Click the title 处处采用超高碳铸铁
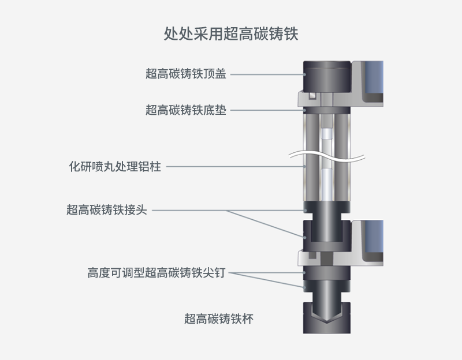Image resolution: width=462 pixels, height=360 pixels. (230, 33)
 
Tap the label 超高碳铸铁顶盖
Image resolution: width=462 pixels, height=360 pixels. (185, 74)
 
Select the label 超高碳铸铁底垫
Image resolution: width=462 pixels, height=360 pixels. (185, 110)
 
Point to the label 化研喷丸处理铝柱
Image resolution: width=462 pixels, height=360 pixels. (115, 166)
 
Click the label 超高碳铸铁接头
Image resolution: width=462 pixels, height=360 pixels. (107, 210)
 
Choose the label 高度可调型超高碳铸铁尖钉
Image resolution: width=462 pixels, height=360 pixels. (157, 272)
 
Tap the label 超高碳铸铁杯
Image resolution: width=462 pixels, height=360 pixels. (219, 319)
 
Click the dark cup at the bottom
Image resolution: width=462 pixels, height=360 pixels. (327, 327)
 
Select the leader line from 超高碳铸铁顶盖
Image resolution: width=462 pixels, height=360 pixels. (267, 74)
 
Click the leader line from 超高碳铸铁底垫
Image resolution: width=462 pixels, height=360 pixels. (267, 110)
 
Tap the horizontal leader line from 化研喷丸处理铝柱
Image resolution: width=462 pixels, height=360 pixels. (236, 167)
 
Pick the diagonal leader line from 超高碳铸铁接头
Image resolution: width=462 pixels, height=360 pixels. (266, 224)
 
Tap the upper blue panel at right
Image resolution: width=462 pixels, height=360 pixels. (374, 77)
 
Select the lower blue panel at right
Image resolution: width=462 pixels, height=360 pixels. (374, 236)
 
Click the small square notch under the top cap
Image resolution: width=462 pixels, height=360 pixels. (312, 96)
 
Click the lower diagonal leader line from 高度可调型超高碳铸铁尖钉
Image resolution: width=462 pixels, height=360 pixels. (267, 280)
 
